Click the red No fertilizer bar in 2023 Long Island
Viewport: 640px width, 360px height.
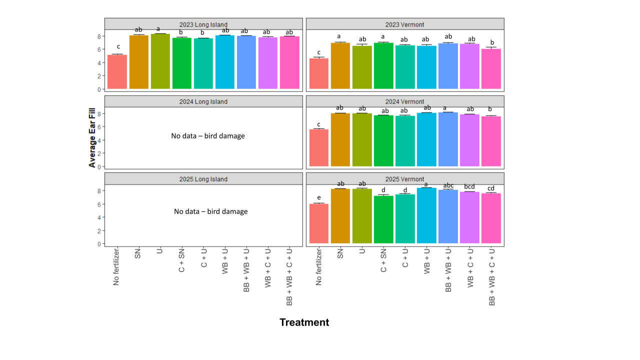tap(117, 72)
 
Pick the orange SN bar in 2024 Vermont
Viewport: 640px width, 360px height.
tap(340, 140)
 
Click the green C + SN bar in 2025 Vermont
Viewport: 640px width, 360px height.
tap(383, 219)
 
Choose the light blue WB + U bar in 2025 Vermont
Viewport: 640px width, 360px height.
tap(426, 215)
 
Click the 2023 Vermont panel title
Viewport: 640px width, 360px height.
tap(404, 24)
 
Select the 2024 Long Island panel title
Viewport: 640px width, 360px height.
tap(203, 101)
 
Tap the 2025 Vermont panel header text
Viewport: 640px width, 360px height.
tap(404, 179)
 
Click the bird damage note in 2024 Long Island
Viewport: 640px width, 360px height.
tap(208, 135)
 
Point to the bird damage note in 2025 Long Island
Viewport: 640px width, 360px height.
tap(210, 211)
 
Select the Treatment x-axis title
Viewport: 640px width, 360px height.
tap(304, 322)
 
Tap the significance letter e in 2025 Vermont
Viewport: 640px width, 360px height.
tap(318, 198)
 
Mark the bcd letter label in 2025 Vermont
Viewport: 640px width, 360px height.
tap(469, 186)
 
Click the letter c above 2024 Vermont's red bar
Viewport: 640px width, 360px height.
tap(318, 124)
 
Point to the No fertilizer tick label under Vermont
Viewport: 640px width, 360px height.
tap(318, 267)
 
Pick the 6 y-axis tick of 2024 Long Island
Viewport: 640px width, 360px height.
tap(99, 127)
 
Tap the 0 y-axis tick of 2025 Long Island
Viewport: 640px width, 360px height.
tap(99, 244)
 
